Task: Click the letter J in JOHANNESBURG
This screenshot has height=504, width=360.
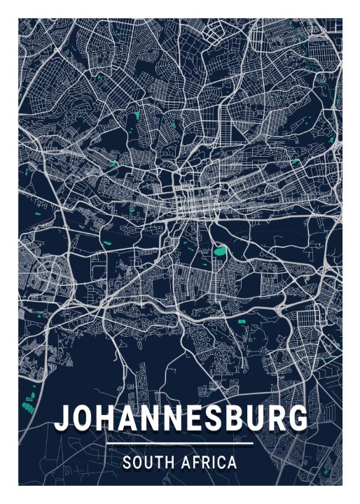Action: pos(63,419)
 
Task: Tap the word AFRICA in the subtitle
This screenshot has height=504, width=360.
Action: pos(207,463)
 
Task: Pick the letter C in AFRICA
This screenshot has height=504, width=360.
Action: pos(221,463)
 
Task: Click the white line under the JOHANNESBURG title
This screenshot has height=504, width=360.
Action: pos(180,444)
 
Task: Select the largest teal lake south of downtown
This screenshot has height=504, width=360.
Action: pos(221,250)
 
